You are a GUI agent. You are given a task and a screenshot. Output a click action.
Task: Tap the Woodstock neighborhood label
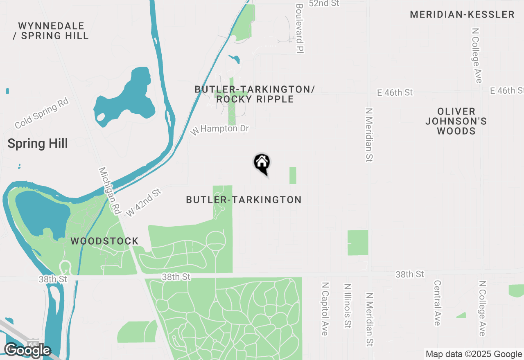coord(104,241)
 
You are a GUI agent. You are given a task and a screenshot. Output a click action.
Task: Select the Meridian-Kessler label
coord(462,15)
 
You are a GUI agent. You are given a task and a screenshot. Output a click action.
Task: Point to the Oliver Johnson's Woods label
coord(456,121)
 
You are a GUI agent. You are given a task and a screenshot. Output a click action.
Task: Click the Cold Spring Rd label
coord(41,113)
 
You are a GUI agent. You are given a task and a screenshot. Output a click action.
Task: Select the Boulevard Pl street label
coord(299,29)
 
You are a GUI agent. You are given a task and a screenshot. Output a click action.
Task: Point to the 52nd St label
coord(325,3)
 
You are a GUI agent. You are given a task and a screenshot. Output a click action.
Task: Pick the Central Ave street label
coord(437,303)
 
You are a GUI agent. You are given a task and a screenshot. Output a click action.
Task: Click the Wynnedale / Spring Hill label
coord(51,31)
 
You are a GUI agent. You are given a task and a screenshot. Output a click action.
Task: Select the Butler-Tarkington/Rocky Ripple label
coord(255,94)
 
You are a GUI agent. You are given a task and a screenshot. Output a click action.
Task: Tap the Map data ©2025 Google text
coord(474,354)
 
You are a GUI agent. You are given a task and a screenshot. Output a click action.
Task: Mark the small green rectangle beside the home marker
coord(293,175)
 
